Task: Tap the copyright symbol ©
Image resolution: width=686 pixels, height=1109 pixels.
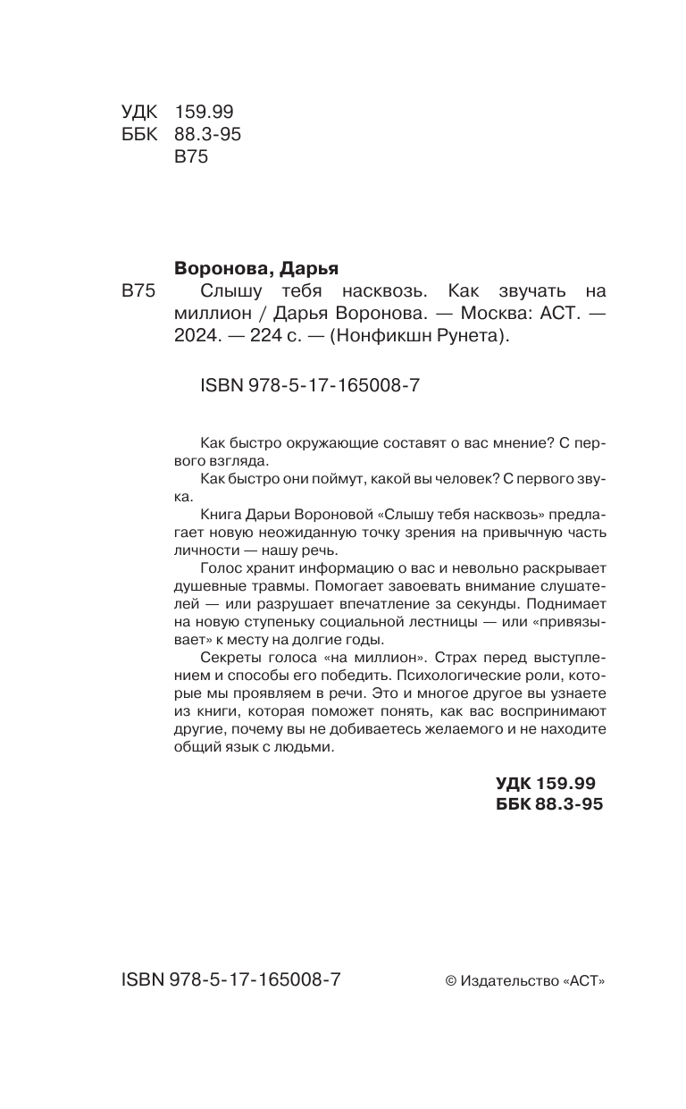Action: (x=450, y=981)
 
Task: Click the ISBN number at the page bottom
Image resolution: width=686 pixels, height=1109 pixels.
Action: (x=230, y=979)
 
